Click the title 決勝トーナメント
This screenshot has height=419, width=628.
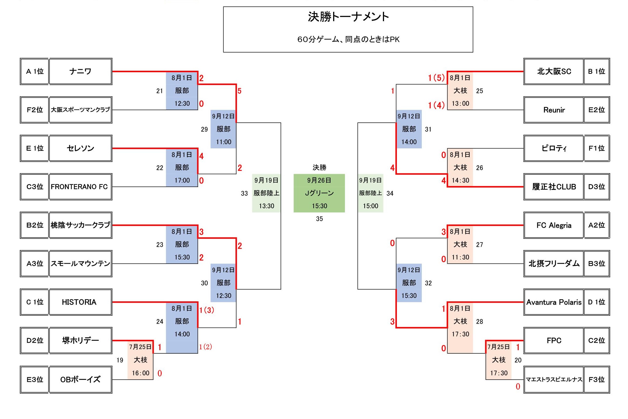[x=348, y=17]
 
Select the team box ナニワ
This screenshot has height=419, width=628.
[x=80, y=71]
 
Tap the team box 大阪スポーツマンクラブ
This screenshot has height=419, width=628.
[x=80, y=110]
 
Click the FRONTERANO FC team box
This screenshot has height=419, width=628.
[x=80, y=187]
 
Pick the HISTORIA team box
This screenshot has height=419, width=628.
[x=80, y=302]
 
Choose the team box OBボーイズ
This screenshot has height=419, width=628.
[x=80, y=379]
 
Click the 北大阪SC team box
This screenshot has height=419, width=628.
[x=554, y=71]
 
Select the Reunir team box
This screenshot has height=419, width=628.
[x=554, y=110]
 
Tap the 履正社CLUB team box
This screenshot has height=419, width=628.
[x=554, y=187]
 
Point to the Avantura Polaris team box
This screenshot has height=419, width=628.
[x=554, y=302]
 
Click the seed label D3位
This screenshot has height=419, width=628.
[x=596, y=187]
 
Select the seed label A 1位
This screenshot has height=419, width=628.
[x=35, y=71]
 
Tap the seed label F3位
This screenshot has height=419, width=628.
[x=596, y=379]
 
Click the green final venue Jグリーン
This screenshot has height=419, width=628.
[x=319, y=193]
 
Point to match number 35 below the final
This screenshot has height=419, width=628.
[x=319, y=219]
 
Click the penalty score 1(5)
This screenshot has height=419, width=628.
[x=436, y=78]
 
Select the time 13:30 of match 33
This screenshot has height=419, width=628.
[x=266, y=206]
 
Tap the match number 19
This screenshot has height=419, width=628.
[x=120, y=360]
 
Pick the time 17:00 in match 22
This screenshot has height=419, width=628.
[x=182, y=180]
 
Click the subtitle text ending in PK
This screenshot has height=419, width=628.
[x=348, y=40]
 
